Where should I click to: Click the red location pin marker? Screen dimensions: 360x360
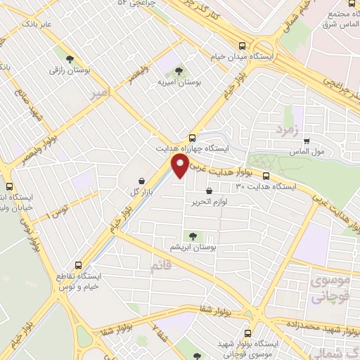click(181, 166)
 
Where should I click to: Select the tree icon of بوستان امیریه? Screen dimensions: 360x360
click(179, 71)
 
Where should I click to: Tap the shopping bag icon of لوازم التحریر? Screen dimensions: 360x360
click(209, 191)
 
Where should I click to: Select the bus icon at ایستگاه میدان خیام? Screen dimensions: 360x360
click(242, 44)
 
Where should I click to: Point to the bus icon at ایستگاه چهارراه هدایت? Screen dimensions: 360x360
click(193, 138)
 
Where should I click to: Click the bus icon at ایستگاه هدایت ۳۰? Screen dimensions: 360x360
click(266, 176)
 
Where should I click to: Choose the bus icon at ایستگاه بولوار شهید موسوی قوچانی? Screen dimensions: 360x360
click(247, 333)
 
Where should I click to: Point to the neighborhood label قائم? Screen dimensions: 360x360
click(161, 266)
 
